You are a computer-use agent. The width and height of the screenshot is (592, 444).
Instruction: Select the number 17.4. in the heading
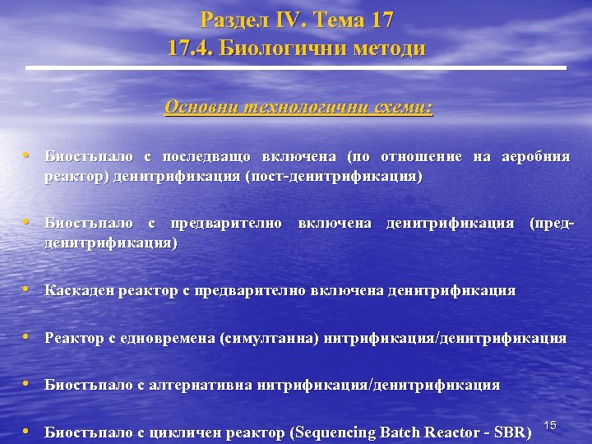point(190,49)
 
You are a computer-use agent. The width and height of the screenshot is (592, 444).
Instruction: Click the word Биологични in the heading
point(281,49)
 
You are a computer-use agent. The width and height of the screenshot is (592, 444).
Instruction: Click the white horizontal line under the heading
point(297,67)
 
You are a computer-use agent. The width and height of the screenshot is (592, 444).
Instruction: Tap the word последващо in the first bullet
point(207,156)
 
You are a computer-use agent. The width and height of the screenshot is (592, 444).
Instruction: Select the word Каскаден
point(80,290)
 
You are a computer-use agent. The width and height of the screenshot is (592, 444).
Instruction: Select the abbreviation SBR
point(510,432)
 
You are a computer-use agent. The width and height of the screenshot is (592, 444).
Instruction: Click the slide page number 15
point(551,425)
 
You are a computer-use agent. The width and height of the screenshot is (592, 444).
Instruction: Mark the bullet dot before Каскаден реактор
point(28,289)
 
